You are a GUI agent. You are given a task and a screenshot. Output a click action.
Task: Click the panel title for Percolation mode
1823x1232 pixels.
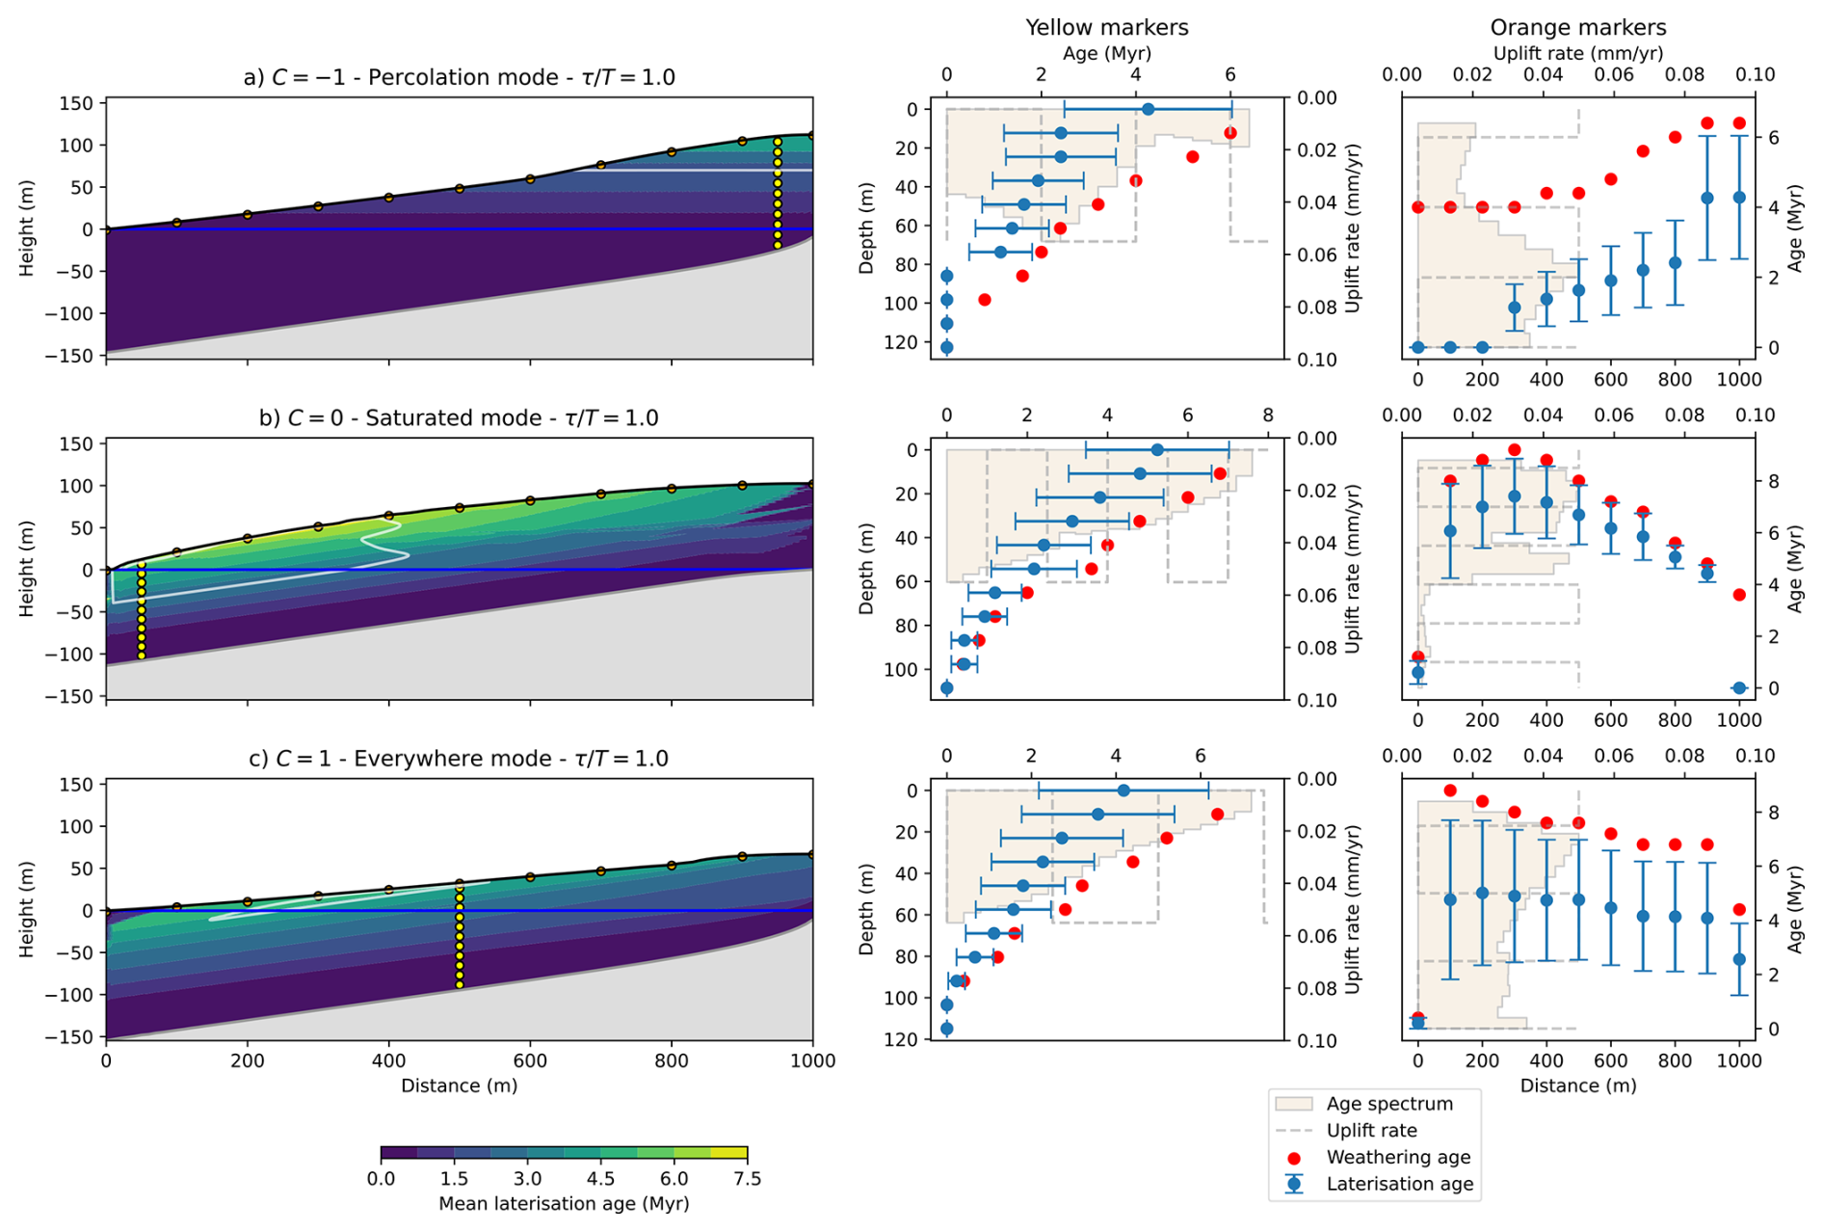(459, 77)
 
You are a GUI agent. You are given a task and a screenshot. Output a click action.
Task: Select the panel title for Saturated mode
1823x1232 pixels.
(459, 417)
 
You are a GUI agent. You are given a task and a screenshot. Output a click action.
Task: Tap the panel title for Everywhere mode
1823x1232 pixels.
(459, 759)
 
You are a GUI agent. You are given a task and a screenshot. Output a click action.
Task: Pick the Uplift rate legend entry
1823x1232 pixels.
(1371, 1131)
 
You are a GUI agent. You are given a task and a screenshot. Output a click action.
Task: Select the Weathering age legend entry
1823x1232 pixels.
(1398, 1158)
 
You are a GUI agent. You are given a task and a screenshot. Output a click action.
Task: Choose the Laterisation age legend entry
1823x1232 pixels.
(1399, 1184)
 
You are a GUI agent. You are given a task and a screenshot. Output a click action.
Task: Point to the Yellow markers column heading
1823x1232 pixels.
(1106, 27)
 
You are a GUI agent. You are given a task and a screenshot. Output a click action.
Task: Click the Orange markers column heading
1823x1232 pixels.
(1577, 27)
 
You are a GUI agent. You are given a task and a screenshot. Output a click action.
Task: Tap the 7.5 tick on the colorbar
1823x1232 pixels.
(747, 1178)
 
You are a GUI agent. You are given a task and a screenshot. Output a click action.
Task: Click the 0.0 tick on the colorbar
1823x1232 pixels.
(381, 1178)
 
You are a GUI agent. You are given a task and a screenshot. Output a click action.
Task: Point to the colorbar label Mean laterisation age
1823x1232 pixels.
(564, 1204)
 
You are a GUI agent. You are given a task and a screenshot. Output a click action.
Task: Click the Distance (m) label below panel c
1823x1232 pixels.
(459, 1085)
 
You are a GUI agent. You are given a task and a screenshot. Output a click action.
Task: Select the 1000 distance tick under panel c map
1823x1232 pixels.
(812, 1060)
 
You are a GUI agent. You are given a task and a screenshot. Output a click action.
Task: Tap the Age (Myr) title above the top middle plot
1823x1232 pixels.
(1106, 53)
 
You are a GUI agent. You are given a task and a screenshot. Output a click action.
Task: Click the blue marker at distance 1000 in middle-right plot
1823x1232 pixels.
(1739, 688)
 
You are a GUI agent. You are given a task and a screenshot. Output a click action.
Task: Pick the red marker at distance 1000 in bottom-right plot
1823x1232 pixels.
(1739, 909)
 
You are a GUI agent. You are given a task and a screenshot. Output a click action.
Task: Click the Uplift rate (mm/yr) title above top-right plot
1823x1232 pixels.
(1577, 53)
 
